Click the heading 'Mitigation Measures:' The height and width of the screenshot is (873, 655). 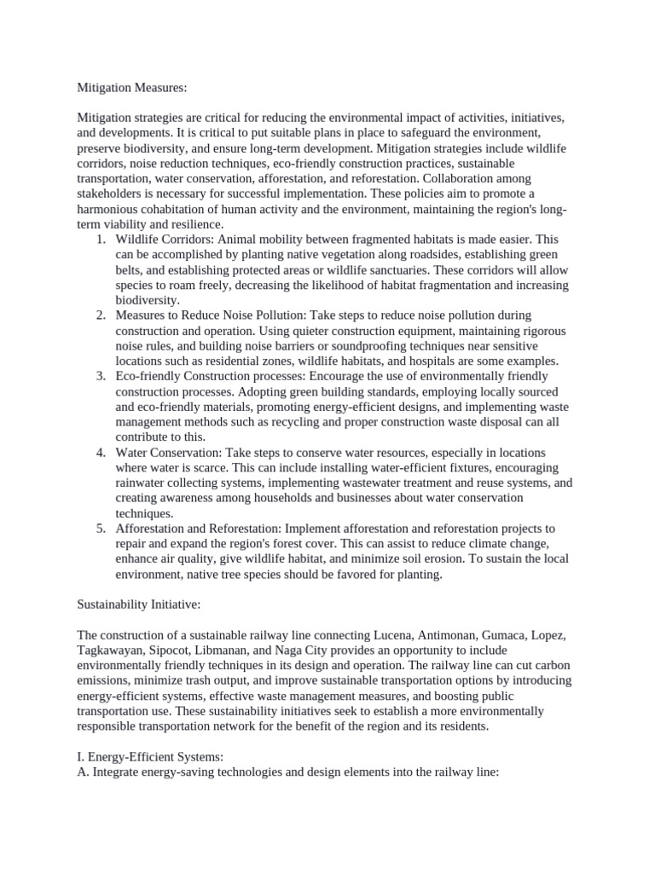tap(131, 87)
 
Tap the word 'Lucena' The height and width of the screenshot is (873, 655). tap(395, 636)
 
